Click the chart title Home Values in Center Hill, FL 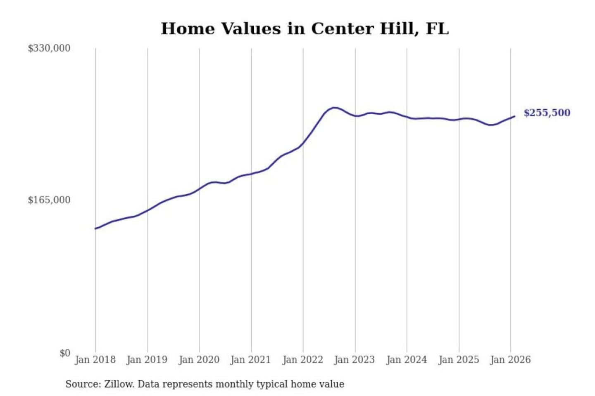click(x=305, y=29)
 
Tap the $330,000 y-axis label click(x=49, y=48)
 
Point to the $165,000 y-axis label click(x=49, y=200)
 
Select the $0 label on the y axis click(x=65, y=353)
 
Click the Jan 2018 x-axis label click(x=95, y=360)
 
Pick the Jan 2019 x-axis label click(x=147, y=360)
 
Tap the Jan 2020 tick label click(x=199, y=360)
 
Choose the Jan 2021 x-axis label click(x=250, y=360)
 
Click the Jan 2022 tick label click(x=302, y=360)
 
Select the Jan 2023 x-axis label click(x=354, y=360)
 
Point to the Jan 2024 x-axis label click(x=406, y=360)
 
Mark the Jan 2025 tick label click(x=458, y=360)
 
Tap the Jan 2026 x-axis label click(x=510, y=360)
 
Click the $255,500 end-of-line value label click(x=547, y=113)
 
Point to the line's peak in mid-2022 click(x=334, y=108)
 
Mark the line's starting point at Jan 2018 click(x=95, y=229)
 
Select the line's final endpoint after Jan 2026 click(x=514, y=116)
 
